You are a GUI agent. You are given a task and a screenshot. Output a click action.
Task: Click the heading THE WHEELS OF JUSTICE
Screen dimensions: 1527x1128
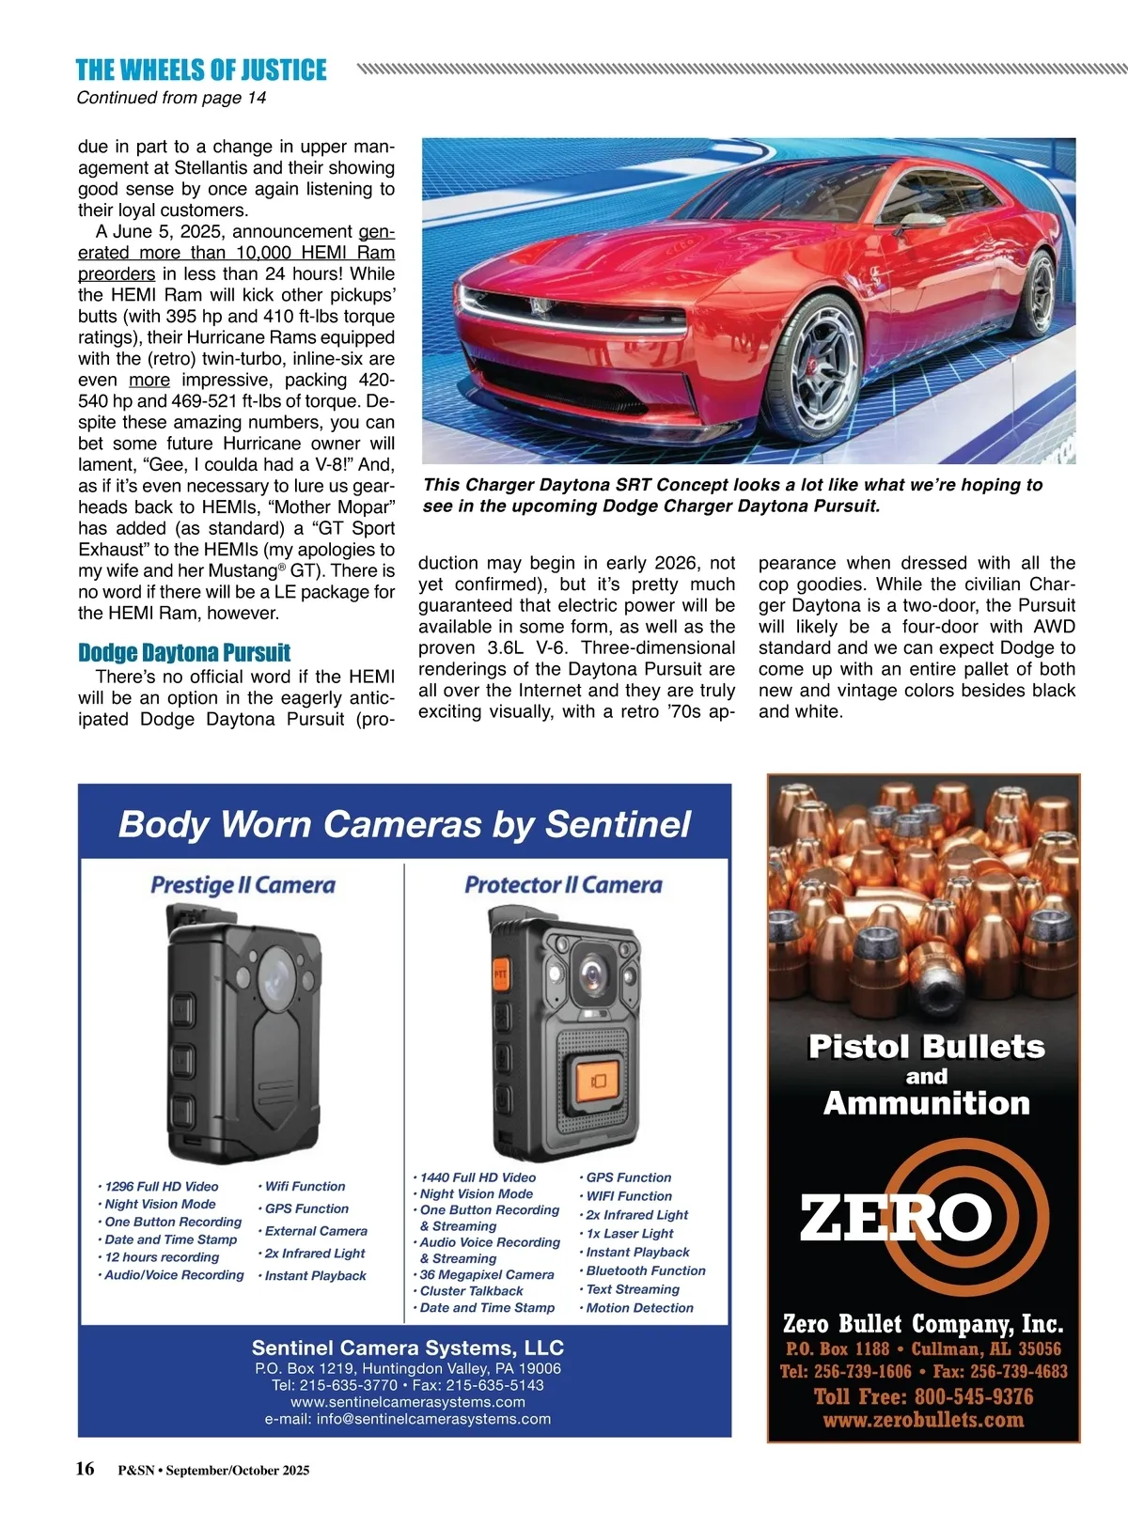201,70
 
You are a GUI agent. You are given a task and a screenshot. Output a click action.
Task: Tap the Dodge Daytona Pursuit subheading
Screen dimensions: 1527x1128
184,653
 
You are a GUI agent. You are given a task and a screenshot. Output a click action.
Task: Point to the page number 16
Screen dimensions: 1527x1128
86,1469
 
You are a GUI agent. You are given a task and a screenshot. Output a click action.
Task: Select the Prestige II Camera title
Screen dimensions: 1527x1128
243,885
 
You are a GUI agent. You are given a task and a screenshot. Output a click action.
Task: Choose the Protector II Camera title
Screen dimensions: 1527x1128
563,885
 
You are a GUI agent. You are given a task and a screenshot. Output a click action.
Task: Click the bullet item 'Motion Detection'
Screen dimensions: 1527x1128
639,1307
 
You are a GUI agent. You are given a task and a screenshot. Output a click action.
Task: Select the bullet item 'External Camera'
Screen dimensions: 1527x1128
316,1231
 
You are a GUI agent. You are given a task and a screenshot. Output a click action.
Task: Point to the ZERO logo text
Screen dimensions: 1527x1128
895,1218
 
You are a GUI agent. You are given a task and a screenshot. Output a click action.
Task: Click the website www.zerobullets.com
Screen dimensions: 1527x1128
923,1420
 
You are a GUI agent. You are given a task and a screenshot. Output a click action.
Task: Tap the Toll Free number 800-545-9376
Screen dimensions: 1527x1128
923,1396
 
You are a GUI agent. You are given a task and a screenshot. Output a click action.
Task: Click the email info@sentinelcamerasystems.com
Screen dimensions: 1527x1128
408,1419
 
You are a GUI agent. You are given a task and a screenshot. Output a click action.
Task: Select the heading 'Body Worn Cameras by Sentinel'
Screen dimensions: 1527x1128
404,824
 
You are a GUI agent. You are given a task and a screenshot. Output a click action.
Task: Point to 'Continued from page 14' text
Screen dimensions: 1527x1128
171,98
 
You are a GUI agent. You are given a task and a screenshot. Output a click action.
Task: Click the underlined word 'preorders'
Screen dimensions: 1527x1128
117,273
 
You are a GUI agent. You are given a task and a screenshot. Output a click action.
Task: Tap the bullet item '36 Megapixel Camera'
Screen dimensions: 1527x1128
486,1275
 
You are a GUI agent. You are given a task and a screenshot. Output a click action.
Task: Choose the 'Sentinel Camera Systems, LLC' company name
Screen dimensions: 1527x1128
408,1348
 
